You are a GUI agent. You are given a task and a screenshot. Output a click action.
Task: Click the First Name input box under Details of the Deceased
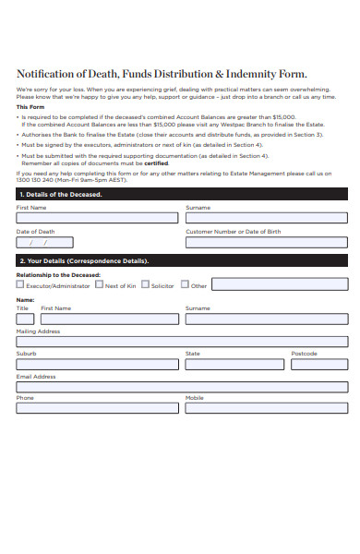97,219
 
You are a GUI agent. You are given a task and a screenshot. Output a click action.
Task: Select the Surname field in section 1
266,219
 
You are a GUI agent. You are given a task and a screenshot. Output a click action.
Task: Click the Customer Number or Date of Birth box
266,244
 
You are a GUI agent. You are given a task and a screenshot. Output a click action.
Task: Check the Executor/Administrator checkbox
20,285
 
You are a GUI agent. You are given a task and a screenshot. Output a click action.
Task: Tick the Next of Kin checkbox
100,285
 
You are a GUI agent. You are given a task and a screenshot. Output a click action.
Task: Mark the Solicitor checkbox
146,285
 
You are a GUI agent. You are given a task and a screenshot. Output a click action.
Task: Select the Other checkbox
185,285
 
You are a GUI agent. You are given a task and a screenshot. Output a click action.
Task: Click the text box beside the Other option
280,284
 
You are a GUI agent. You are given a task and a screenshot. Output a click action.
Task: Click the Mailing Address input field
182,342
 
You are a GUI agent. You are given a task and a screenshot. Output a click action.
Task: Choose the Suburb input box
97,364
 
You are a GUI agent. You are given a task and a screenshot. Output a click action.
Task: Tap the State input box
234,364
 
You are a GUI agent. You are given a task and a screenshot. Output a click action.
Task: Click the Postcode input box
319,364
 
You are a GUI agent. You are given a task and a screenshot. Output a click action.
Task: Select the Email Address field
182,387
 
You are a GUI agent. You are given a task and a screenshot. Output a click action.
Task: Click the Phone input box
97,409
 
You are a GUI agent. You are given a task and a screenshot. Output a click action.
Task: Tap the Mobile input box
266,409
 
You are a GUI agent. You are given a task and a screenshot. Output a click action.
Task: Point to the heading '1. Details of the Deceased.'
61,195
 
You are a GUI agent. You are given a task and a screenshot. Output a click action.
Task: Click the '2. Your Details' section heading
83,261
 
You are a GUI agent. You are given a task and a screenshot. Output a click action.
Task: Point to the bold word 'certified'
156,163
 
